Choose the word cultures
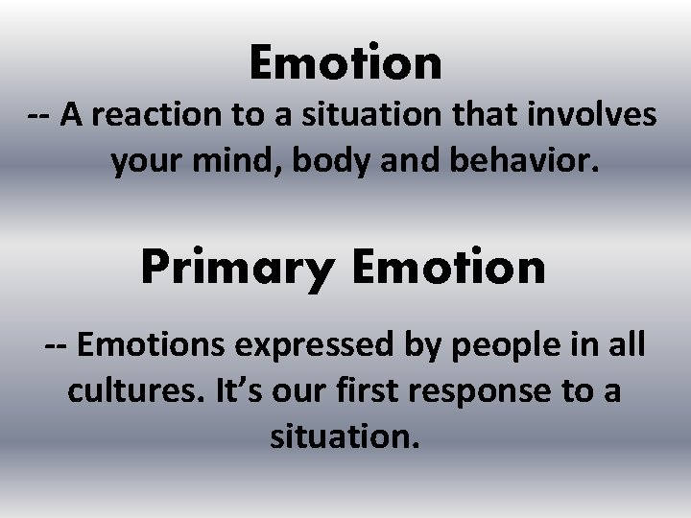tap(123, 390)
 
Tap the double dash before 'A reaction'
tap(39, 117)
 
